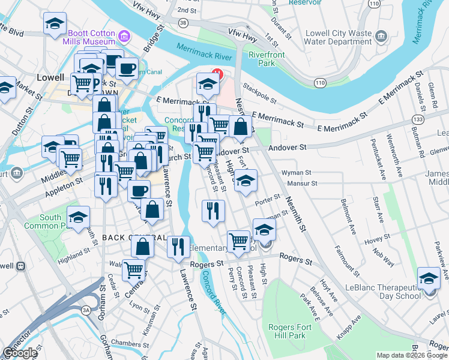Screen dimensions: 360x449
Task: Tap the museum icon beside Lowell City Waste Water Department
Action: click(381, 37)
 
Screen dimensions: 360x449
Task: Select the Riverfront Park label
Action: click(262, 58)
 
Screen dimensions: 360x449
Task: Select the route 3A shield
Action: click(86, 310)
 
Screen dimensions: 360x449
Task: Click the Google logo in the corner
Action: click(20, 353)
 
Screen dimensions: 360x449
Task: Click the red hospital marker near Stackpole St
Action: click(218, 76)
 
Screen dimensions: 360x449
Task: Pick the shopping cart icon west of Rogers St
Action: click(133, 270)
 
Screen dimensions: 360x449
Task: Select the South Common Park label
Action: click(43, 221)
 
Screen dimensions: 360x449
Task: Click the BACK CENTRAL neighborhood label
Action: click(133, 238)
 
